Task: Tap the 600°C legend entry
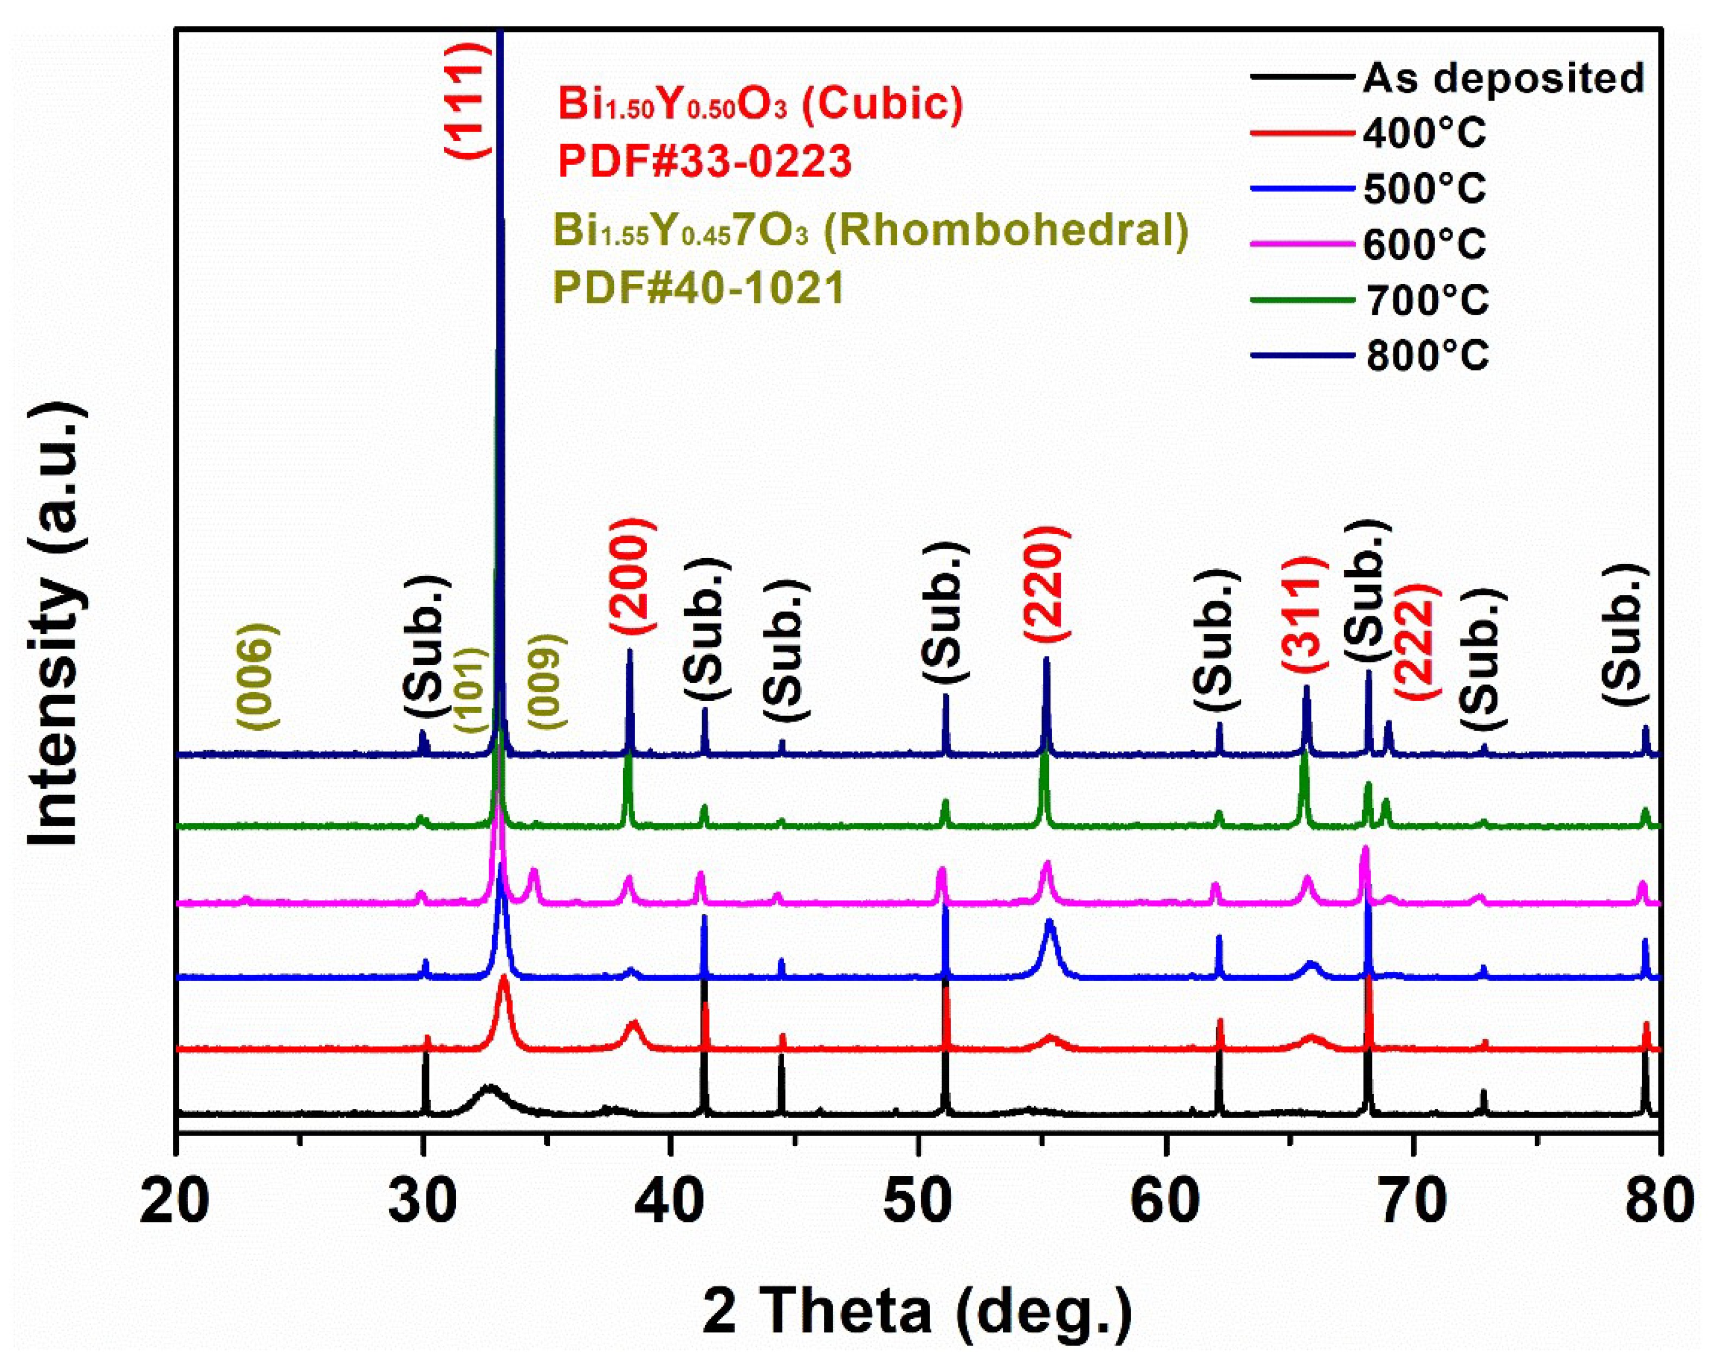(x=1424, y=244)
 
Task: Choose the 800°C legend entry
(x=1427, y=355)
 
